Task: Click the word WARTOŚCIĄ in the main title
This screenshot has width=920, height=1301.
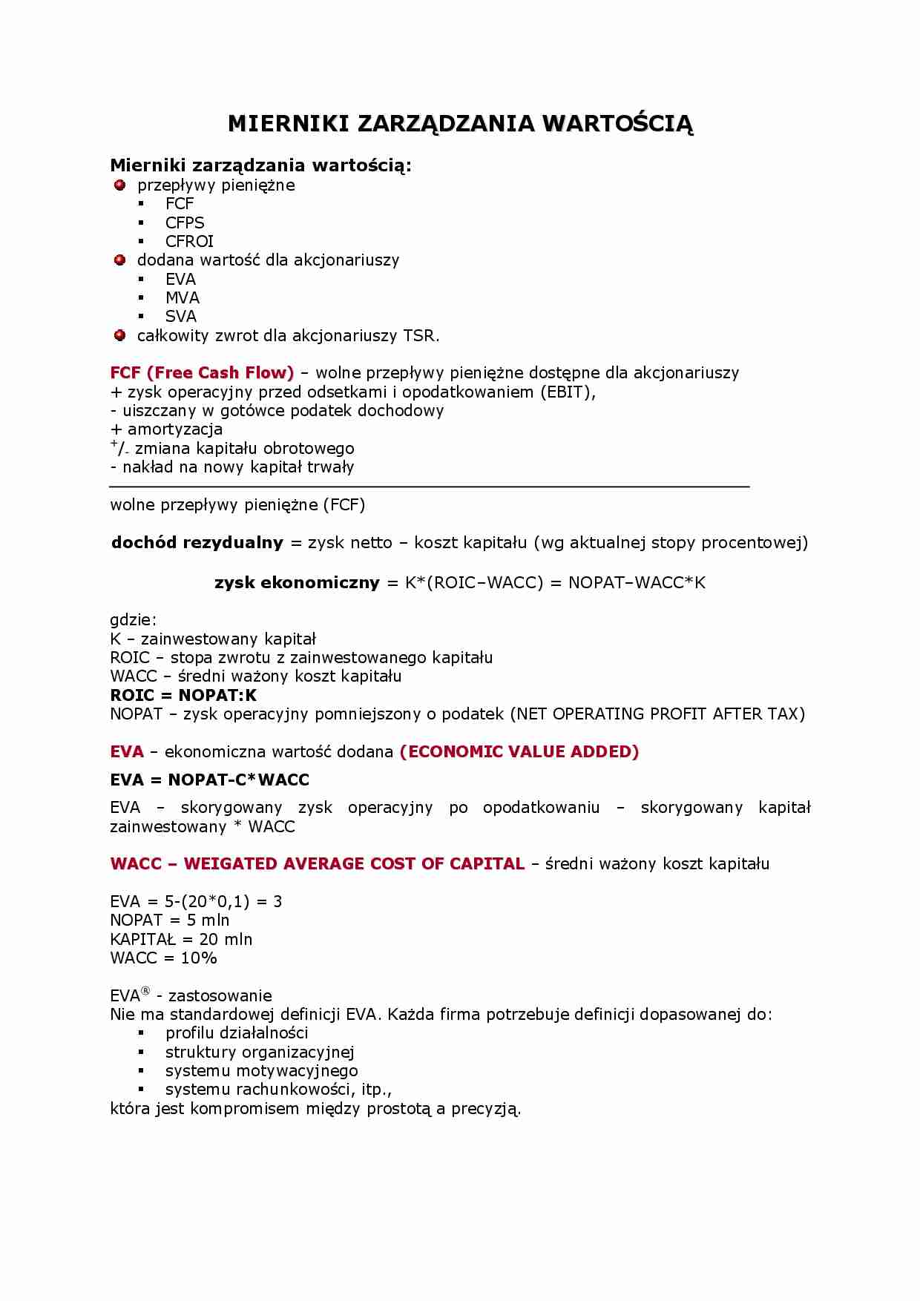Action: (618, 124)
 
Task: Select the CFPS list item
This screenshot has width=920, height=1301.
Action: (185, 223)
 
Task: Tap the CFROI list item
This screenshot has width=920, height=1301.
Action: (189, 241)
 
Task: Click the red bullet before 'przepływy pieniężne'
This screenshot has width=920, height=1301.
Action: (119, 185)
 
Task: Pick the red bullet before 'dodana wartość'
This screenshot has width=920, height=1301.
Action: (119, 260)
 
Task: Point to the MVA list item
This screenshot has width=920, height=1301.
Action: (183, 297)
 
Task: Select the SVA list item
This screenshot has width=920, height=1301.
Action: (181, 316)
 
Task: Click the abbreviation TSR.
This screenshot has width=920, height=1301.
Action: (421, 335)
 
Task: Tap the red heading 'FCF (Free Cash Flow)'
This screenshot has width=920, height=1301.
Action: (202, 372)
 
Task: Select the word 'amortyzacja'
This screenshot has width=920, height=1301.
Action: (175, 429)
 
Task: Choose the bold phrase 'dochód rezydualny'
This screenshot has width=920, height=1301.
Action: (197, 542)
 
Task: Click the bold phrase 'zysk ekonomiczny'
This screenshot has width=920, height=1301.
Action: (297, 582)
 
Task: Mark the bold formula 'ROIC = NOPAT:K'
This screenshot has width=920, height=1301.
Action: (183, 695)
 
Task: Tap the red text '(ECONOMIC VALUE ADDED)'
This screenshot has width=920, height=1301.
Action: (519, 751)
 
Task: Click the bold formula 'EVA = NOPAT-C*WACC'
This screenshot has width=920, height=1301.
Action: (209, 780)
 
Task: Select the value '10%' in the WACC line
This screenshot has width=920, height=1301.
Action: (199, 958)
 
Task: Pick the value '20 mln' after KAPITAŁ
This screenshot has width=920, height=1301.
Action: (226, 939)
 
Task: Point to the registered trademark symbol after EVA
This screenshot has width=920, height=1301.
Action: (145, 991)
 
